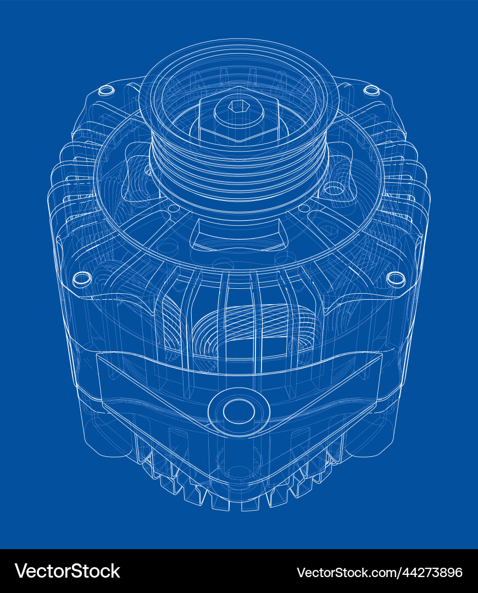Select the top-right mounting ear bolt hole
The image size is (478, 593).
371,90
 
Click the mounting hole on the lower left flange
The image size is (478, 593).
81,278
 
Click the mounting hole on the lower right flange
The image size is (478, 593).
396,278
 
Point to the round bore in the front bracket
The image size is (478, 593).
238,410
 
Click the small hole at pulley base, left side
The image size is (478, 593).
174,209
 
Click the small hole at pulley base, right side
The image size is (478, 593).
304,209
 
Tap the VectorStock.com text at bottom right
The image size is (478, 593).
346,572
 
